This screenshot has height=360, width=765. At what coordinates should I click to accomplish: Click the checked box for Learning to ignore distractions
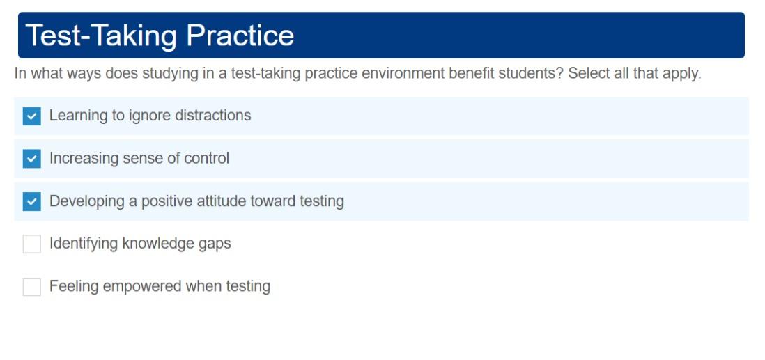[x=32, y=116]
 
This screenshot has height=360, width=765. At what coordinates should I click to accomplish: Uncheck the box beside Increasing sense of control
[x=32, y=159]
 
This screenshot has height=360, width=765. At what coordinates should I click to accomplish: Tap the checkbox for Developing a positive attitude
[x=32, y=202]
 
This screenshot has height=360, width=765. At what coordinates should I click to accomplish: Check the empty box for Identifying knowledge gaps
[x=32, y=244]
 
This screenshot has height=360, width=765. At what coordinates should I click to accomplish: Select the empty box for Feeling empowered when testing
[x=32, y=287]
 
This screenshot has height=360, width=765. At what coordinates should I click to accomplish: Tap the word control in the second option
[x=206, y=159]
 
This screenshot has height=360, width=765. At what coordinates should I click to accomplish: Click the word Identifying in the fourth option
[x=84, y=244]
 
